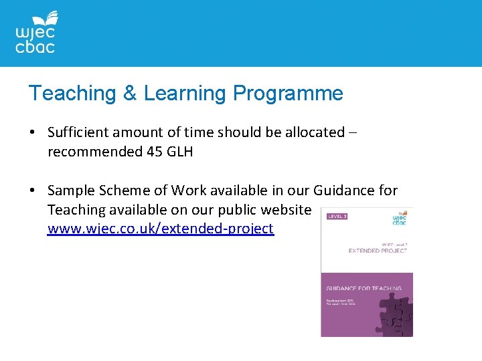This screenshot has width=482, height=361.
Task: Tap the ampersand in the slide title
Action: pyautogui.click(x=129, y=93)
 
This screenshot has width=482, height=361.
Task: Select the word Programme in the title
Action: pyautogui.click(x=288, y=93)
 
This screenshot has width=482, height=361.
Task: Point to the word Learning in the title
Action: pyautogui.click(x=184, y=93)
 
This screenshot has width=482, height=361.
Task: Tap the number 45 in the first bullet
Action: pyautogui.click(x=153, y=152)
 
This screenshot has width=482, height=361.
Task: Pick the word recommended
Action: pyautogui.click(x=94, y=152)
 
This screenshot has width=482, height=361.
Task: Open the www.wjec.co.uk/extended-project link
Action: pyautogui.click(x=161, y=229)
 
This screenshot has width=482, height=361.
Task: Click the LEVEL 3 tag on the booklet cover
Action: pyautogui.click(x=336, y=216)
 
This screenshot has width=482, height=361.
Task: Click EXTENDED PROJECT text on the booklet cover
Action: pyautogui.click(x=378, y=251)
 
